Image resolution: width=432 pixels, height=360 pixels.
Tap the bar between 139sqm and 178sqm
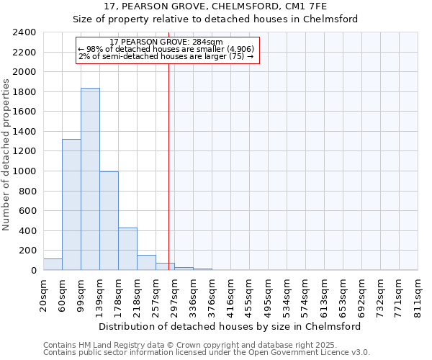(109, 221)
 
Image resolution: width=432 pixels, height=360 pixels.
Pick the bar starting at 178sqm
(127, 249)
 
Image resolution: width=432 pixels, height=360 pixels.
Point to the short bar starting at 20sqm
(53, 264)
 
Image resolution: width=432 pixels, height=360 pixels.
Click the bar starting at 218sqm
(146, 263)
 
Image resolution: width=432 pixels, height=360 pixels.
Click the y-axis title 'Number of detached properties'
(6, 151)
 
